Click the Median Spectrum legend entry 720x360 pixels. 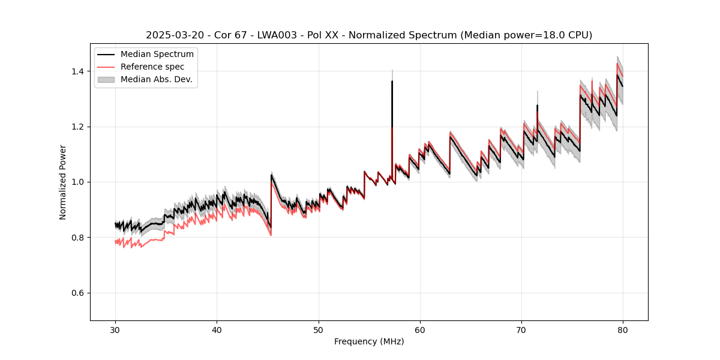157,55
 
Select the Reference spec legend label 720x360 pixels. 152,67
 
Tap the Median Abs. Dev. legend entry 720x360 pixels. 156,79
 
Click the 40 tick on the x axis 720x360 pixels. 217,329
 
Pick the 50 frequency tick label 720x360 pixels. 319,329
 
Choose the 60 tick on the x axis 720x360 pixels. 420,329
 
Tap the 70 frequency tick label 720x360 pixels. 521,329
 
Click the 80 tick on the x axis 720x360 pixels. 623,329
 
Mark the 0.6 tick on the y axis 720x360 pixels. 79,293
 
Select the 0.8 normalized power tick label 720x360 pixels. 79,238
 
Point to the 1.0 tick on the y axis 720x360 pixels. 79,182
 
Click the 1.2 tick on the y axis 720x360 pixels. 79,127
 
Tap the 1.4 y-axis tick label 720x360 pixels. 79,71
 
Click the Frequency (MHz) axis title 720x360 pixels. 369,341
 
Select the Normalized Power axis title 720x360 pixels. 63,182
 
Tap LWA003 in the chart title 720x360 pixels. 286,35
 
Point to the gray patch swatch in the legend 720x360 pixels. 106,79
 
